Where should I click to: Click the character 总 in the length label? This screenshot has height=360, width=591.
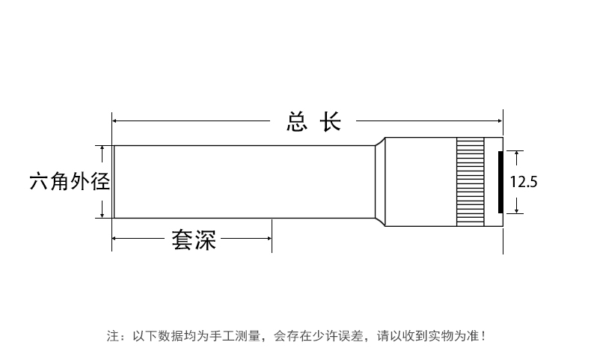(297, 122)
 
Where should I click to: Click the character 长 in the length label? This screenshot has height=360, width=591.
(331, 122)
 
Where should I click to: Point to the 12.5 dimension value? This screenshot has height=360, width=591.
(524, 181)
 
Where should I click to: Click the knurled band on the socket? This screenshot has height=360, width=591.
(469, 182)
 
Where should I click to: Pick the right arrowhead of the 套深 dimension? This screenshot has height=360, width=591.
(269, 240)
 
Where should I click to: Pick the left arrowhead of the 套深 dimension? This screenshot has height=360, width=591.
(116, 240)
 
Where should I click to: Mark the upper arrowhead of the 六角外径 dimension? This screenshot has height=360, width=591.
(103, 148)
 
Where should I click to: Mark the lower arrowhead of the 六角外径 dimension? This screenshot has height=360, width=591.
(103, 215)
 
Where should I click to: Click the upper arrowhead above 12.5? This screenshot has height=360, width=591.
(515, 153)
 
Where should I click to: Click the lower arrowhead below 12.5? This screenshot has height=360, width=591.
(515, 210)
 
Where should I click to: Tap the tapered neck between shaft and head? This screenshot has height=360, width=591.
(379, 182)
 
